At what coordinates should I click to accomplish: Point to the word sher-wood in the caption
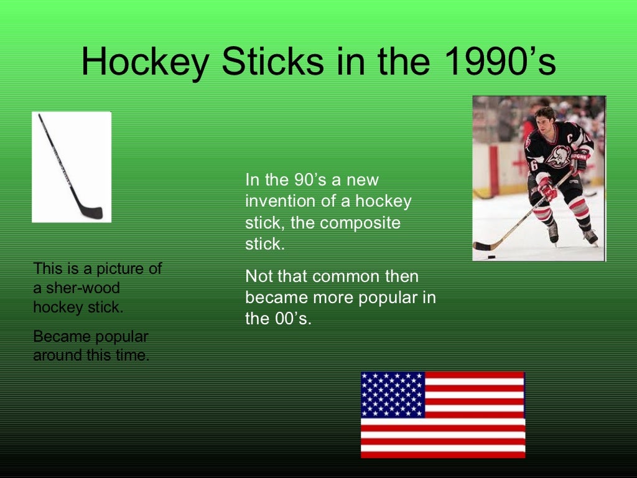point(83,288)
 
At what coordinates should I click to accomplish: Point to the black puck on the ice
point(491,256)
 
